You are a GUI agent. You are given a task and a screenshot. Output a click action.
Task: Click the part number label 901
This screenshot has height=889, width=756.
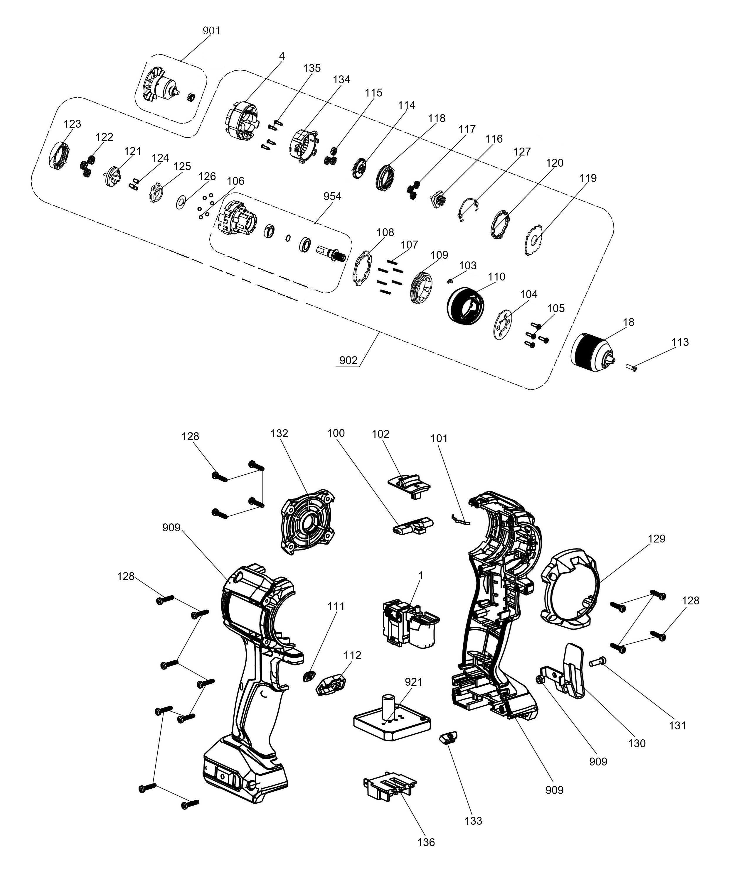pyautogui.click(x=211, y=31)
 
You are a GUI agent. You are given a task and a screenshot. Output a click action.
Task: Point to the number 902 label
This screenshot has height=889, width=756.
pyautogui.click(x=348, y=361)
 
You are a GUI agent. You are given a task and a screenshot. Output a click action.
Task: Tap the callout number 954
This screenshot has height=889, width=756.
pyautogui.click(x=332, y=197)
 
